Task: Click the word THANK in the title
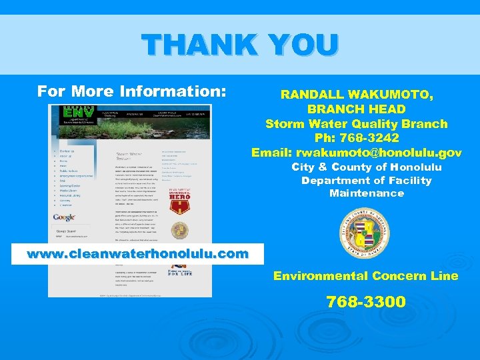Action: click(x=197, y=45)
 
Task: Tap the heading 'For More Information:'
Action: click(x=132, y=90)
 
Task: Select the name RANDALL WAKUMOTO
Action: click(x=356, y=95)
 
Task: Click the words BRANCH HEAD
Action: click(x=356, y=109)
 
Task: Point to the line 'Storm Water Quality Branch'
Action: click(x=356, y=123)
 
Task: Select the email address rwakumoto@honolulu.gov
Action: click(x=379, y=153)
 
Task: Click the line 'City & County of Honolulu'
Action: click(x=367, y=167)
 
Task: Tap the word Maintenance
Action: click(x=367, y=193)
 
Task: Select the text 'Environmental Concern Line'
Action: click(x=365, y=276)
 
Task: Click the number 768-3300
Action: click(x=365, y=302)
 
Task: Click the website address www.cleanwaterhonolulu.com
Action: click(x=137, y=254)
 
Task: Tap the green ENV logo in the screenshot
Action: click(x=76, y=115)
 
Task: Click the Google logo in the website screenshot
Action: click(x=65, y=218)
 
